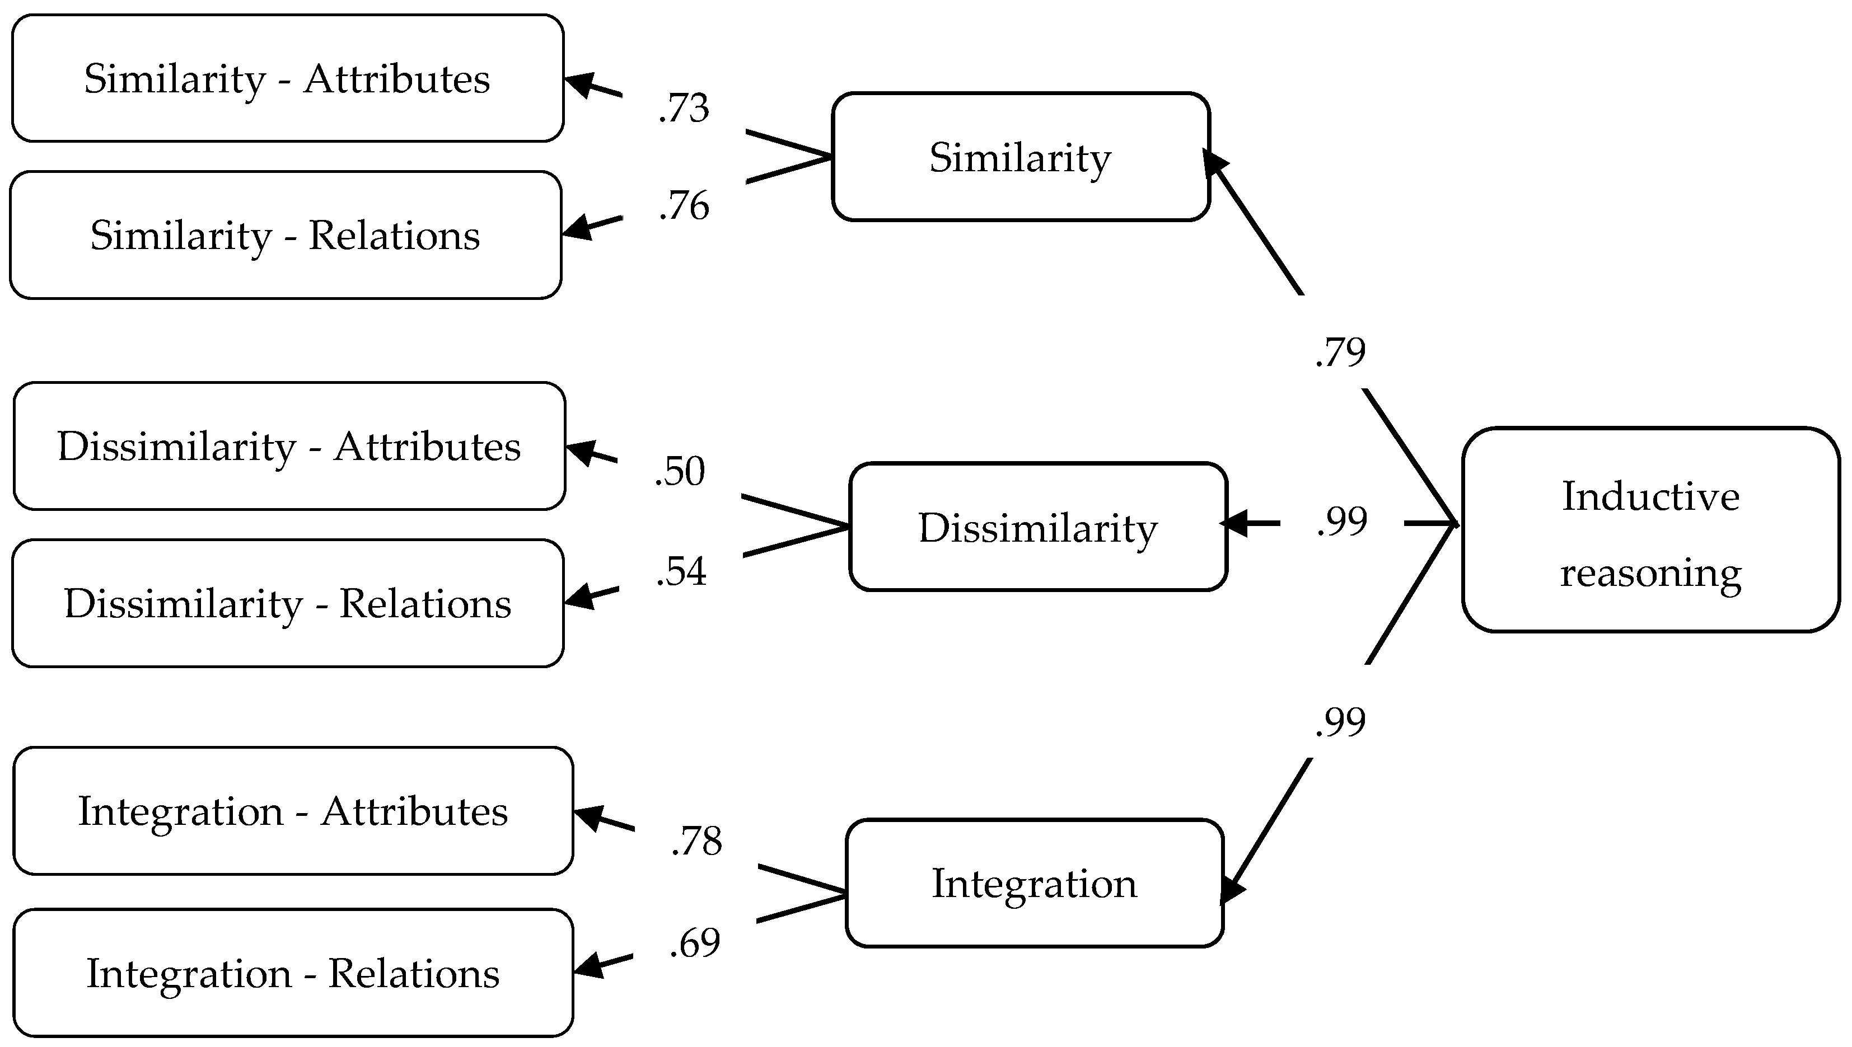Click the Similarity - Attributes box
288,78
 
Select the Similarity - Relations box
286,234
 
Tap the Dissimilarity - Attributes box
289,446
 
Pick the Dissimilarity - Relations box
288,603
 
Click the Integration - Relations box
293,973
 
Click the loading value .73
684,108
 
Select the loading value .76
684,206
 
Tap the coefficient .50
680,472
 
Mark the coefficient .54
681,572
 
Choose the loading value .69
695,943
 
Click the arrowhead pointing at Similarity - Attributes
581,85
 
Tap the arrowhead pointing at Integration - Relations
590,964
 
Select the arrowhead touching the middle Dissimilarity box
1235,523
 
